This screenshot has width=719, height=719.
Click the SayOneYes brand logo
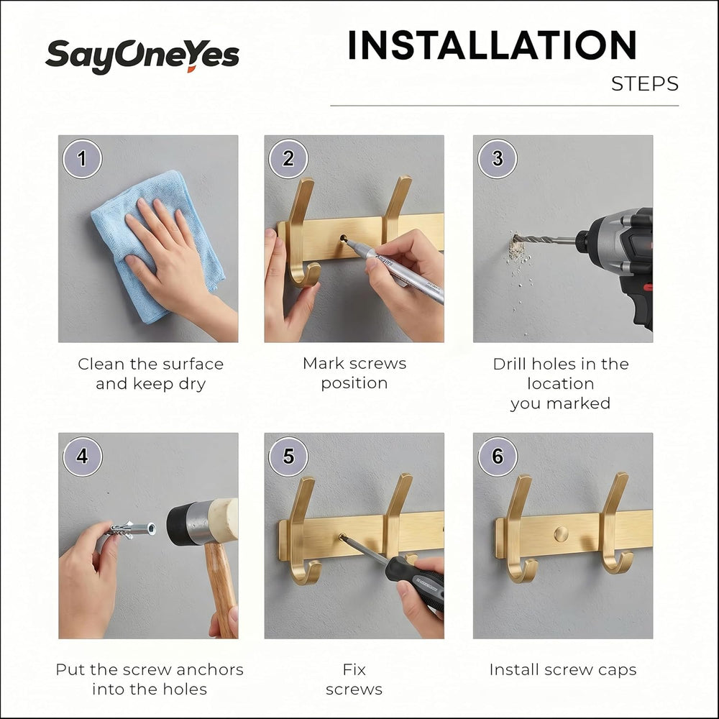click(142, 56)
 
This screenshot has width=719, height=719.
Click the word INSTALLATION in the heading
click(493, 45)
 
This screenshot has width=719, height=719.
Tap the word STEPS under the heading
click(645, 84)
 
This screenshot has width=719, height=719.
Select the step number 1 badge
click(82, 159)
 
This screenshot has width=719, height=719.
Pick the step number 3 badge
click(498, 159)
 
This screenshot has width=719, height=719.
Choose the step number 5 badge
click(288, 457)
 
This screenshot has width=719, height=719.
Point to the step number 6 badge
click(498, 457)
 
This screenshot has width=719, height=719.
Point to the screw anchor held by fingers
click(132, 530)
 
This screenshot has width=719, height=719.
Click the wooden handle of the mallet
click(221, 590)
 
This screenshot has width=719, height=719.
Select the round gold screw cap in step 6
click(561, 533)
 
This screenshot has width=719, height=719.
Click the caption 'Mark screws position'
click(354, 373)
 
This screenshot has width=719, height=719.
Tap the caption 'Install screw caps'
click(563, 670)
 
